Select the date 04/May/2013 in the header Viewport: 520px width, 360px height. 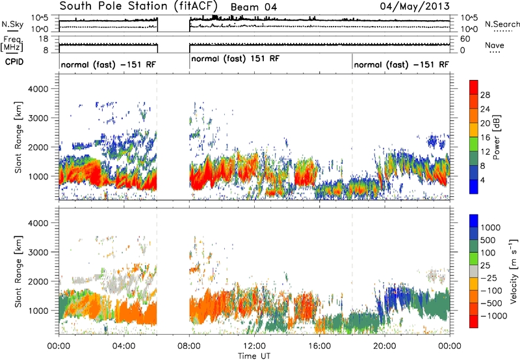(415, 6)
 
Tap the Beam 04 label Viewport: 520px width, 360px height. (253, 7)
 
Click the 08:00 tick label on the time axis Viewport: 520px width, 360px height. (189, 346)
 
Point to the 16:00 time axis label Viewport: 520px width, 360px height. (319, 346)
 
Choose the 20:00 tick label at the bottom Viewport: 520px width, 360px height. (385, 346)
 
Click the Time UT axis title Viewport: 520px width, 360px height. (254, 356)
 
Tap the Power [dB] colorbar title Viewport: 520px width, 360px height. (497, 137)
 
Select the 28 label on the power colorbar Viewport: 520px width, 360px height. (485, 95)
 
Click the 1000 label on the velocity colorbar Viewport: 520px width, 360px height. (491, 227)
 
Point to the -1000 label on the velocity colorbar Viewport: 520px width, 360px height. (493, 316)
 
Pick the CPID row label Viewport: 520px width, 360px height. (14, 62)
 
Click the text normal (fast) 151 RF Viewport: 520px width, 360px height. (235, 59)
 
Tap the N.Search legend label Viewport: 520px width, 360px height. (502, 24)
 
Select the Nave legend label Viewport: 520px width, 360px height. (495, 45)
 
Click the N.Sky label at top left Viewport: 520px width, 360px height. (12, 24)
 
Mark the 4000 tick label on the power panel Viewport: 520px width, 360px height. (38, 89)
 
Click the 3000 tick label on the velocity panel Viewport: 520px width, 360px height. (38, 252)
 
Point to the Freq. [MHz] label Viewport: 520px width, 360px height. (12, 44)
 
